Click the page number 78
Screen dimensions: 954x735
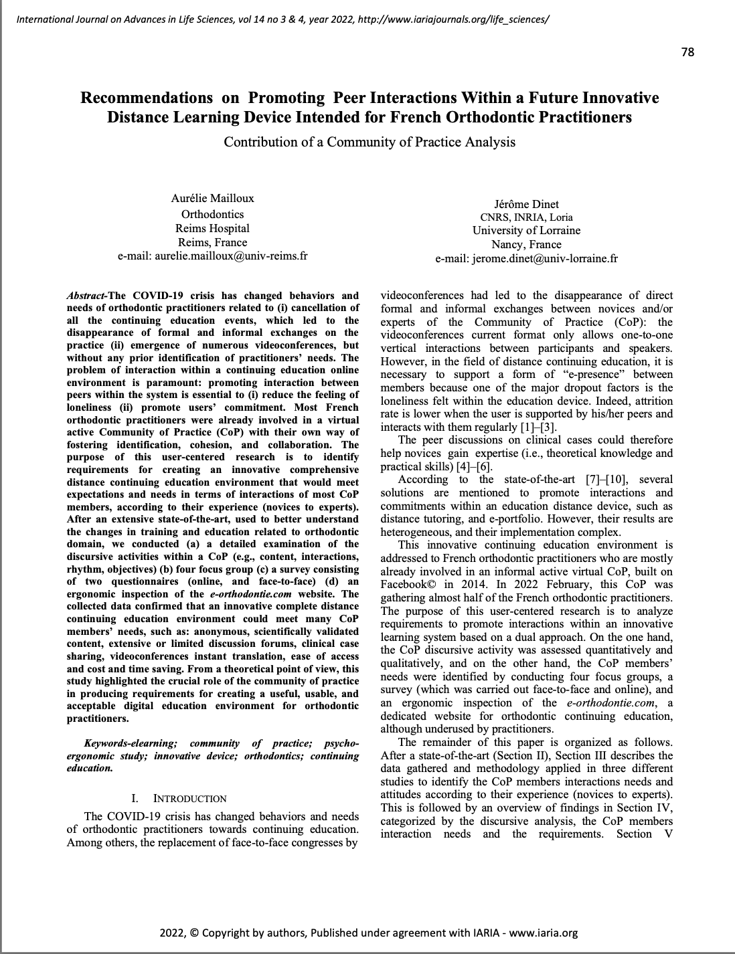pos(687,52)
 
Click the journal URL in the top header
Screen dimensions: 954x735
pos(454,19)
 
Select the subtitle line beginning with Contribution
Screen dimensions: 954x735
pos(370,142)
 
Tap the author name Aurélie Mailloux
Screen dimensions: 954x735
pos(213,198)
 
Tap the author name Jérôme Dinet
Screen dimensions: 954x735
pos(526,204)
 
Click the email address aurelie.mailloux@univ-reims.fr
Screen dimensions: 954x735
pos(231,256)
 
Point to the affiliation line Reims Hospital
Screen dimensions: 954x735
pos(213,228)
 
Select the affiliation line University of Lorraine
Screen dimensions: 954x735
pos(526,230)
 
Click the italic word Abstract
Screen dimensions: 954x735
pos(86,296)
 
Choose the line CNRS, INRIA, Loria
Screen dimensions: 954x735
pos(526,217)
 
